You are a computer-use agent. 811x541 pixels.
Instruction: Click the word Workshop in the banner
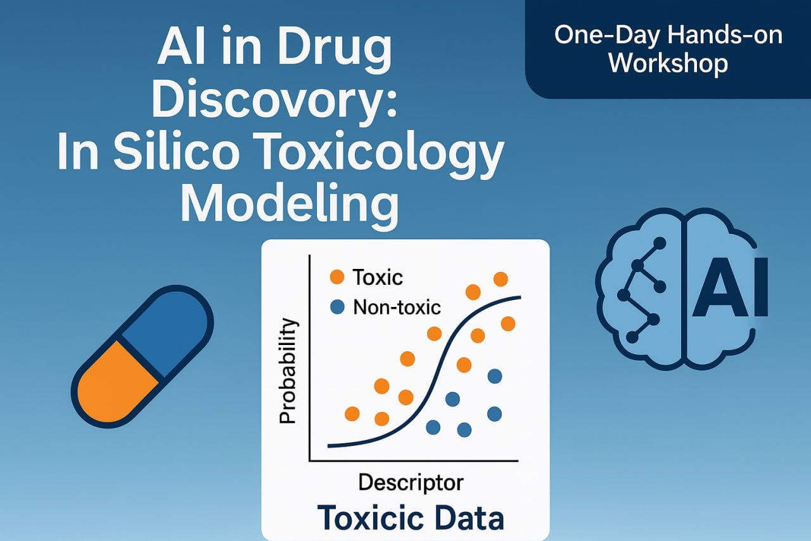tap(668, 63)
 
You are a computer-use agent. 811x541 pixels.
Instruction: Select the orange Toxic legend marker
tap(337, 277)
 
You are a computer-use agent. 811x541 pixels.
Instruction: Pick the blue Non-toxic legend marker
tap(337, 307)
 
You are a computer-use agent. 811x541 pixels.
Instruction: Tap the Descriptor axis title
tap(411, 483)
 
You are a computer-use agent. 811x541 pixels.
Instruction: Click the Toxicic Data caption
tap(411, 518)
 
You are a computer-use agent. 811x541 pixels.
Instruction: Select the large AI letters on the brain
tap(730, 287)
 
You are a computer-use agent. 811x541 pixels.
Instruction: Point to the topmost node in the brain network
tap(660, 243)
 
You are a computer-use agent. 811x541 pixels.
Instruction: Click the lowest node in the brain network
tap(632, 337)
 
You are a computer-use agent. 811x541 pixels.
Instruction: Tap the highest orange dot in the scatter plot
tap(501, 279)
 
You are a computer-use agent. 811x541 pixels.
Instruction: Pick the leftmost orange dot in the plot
tap(352, 414)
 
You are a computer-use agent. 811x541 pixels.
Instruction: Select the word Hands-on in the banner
tap(725, 35)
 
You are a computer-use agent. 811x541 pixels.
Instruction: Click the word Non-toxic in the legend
tap(397, 307)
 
